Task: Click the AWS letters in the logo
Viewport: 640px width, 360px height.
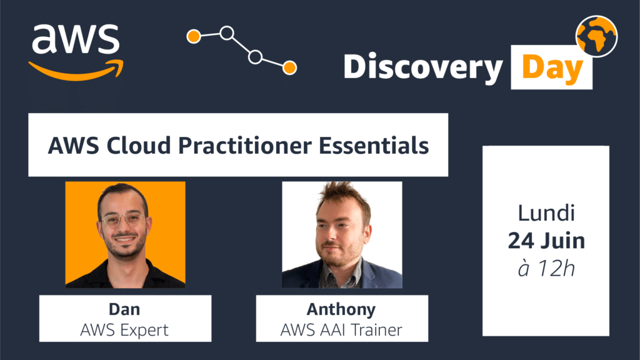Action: pos(76,39)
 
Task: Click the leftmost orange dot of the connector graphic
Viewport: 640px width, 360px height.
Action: pos(194,36)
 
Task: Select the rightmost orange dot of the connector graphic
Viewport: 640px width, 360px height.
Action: pos(290,67)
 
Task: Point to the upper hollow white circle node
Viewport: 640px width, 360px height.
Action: pos(227,32)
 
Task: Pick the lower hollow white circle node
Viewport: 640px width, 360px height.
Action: pos(256,57)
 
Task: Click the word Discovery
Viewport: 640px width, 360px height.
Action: pos(423,67)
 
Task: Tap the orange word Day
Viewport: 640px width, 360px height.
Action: pos(552,67)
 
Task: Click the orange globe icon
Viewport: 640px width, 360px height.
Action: pos(596,36)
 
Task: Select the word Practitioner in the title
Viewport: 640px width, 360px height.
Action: pos(245,146)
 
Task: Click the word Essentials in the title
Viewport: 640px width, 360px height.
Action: pos(374,146)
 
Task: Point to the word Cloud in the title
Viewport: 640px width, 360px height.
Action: pos(139,146)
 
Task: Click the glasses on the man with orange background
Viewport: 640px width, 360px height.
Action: pos(122,221)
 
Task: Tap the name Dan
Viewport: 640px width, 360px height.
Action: pos(124,309)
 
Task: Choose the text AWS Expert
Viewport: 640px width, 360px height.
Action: pos(124,330)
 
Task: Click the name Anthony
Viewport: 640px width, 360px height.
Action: pos(341,310)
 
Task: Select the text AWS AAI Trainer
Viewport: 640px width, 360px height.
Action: pos(341,330)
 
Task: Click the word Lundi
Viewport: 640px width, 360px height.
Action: pos(546,214)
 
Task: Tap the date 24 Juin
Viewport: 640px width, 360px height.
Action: pos(546,241)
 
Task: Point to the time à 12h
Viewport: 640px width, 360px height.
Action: pos(546,269)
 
